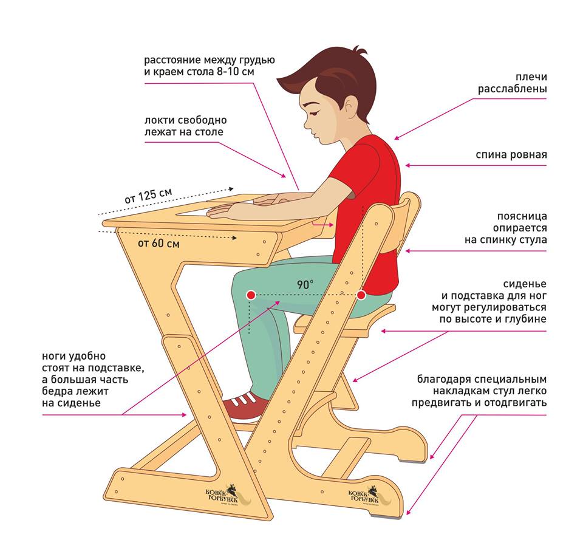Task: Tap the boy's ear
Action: pos(350,104)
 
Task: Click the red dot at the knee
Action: pos(251,295)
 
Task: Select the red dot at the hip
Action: pos(361,295)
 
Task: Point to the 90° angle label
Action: pos(305,284)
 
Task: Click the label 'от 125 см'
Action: pos(148,196)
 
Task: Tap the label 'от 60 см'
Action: pos(159,244)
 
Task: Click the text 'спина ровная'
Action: pos(511,154)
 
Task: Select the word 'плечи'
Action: pos(531,77)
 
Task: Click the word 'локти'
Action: pos(159,120)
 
